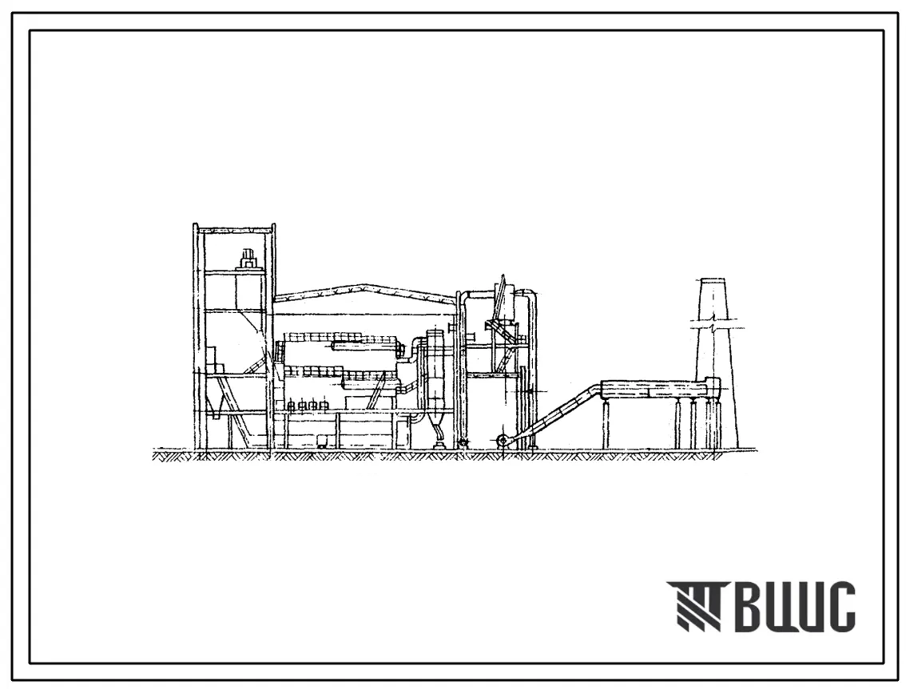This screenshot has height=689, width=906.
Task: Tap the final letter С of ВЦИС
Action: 840,606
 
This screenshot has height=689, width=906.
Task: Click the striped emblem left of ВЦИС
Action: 695,606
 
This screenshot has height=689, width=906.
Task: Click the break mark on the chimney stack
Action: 714,327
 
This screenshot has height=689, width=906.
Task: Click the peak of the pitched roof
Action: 363,285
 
